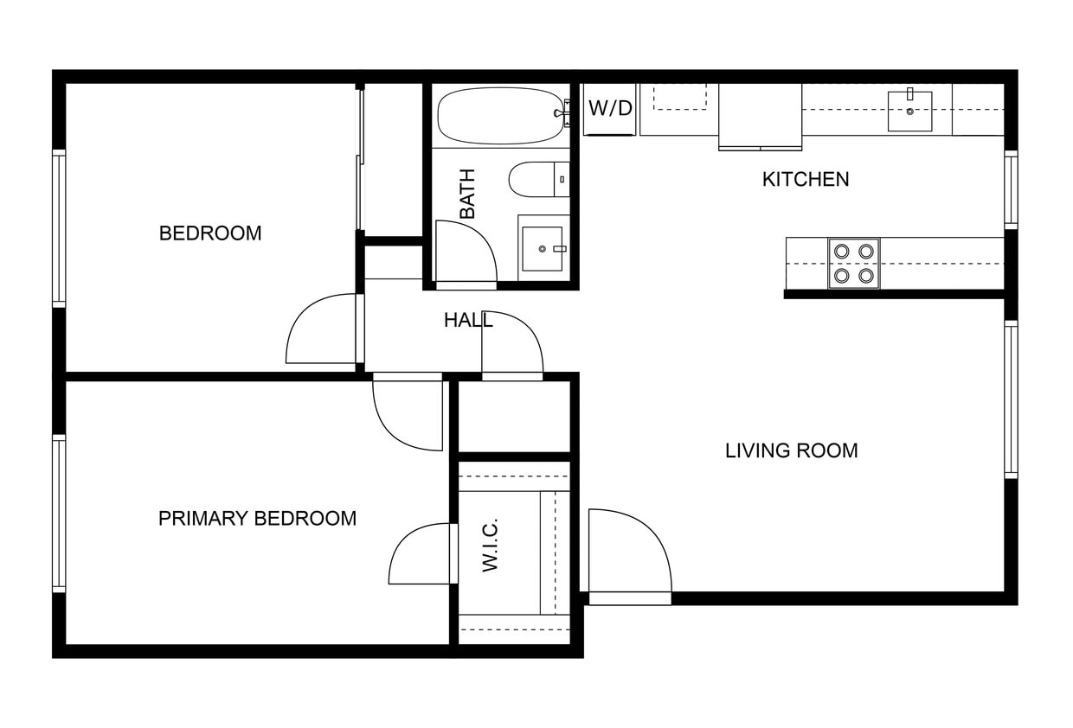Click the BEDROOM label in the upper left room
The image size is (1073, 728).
210,233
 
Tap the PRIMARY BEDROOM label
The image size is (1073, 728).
257,519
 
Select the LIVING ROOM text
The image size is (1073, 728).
791,450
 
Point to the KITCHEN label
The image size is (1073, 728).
806,180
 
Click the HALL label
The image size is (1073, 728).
468,320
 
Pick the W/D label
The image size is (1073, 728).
610,108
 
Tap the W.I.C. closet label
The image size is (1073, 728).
491,545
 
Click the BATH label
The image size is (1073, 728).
467,194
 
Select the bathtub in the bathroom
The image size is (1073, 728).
500,115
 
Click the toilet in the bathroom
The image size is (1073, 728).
539,180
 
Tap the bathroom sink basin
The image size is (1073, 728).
543,249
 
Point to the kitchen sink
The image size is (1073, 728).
909,111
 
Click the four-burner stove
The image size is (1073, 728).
854,264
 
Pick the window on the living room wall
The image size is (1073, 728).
1011,399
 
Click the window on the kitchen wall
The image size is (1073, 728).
1011,190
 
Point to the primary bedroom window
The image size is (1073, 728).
59,514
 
